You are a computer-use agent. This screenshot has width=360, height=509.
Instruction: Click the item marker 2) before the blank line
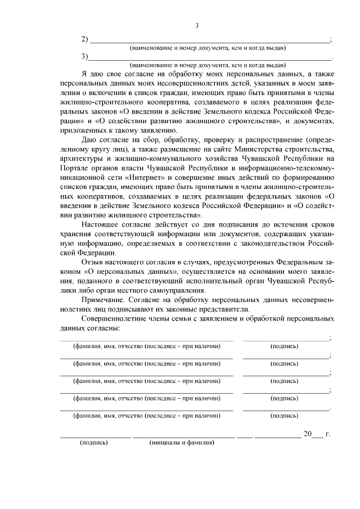(x=85, y=39)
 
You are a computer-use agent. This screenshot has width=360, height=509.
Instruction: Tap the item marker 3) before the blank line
(x=85, y=56)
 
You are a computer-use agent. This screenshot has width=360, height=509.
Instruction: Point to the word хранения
(x=76, y=235)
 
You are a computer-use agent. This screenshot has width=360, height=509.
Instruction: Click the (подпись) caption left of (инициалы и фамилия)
(x=93, y=443)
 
